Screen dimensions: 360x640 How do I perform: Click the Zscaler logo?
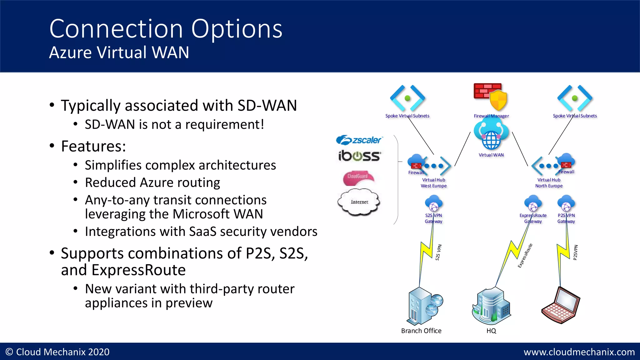pyautogui.click(x=359, y=140)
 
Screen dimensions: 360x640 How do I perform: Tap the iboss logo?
pyautogui.click(x=359, y=156)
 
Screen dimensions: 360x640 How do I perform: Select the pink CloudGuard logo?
pyautogui.click(x=358, y=177)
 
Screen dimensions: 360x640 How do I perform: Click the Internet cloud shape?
pyautogui.click(x=359, y=202)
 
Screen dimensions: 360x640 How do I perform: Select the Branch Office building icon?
pyautogui.click(x=423, y=306)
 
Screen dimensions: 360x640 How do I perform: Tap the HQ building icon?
pyautogui.click(x=491, y=306)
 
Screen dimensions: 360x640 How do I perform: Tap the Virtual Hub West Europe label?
pyautogui.click(x=433, y=183)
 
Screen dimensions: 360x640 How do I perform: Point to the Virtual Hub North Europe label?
pyautogui.click(x=549, y=183)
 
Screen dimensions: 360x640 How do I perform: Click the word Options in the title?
pyautogui.click(x=237, y=29)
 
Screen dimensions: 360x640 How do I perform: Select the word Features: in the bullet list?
pyautogui.click(x=93, y=146)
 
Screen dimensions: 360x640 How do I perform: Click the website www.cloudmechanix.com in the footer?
pyautogui.click(x=579, y=352)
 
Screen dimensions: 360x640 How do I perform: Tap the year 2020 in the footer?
pyautogui.click(x=99, y=352)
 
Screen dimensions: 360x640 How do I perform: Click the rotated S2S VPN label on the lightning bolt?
pyautogui.click(x=438, y=252)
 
